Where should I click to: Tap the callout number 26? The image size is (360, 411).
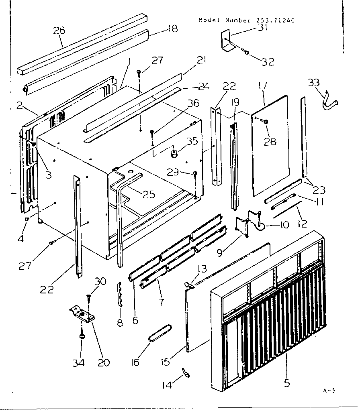pos(59,31)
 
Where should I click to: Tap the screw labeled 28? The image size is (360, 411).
pos(266,121)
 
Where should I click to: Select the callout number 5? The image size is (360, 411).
pos(286,383)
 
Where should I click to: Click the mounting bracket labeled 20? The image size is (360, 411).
pos(82,313)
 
